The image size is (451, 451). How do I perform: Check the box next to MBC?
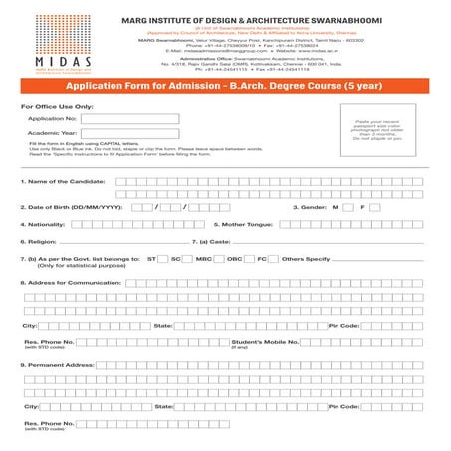[217, 259]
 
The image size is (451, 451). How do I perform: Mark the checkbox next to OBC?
[246, 259]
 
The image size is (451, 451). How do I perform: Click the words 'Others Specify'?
[306, 259]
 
